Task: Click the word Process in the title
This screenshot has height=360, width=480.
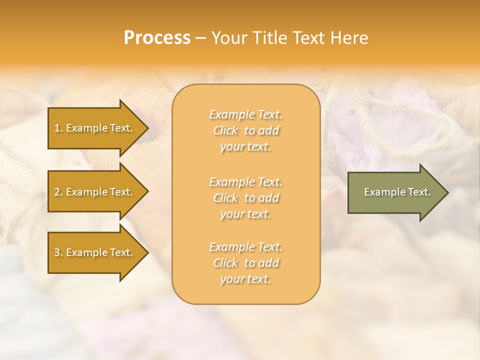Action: tap(157, 38)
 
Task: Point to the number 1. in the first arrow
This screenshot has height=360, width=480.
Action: tap(58, 128)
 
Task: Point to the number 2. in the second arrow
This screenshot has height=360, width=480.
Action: tap(58, 192)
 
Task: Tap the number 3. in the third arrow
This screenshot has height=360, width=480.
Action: tap(58, 252)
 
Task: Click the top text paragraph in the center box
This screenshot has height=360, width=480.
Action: tap(245, 130)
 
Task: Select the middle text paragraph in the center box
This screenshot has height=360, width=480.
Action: tap(245, 198)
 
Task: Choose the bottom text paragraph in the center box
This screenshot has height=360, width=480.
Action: tap(245, 263)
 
